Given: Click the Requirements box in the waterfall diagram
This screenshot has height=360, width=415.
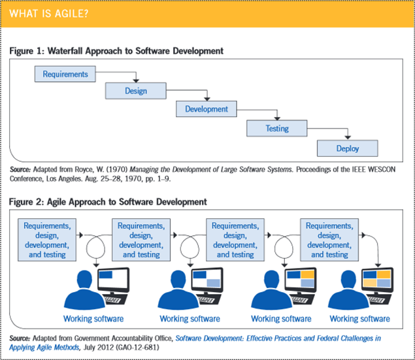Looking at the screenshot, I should pos(65,74).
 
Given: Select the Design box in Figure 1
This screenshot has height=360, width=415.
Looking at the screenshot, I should pos(136,91).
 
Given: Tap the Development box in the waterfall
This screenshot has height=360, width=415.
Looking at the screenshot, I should pos(206,109).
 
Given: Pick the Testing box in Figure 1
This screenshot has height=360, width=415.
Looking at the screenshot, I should pos(276,129).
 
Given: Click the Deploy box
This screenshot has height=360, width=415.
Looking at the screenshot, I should pos(347,148).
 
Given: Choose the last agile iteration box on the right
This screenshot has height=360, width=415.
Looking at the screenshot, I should pos(329,240).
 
